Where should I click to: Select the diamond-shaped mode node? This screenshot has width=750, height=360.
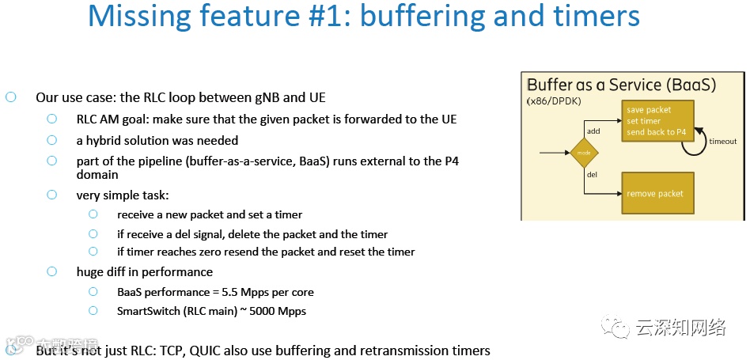(585, 152)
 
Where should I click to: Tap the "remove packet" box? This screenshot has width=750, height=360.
(657, 193)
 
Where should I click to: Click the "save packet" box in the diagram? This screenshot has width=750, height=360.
(658, 121)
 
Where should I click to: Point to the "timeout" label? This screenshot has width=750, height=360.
(723, 142)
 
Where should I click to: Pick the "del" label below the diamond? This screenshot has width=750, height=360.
(591, 174)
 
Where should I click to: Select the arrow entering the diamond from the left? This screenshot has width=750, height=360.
(554, 152)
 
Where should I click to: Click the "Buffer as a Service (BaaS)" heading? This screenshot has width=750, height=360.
(621, 85)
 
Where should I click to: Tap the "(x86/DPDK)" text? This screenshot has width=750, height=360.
(554, 102)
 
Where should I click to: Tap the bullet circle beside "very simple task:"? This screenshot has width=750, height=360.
(52, 195)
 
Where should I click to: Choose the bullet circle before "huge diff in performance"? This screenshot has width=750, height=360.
(52, 271)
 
